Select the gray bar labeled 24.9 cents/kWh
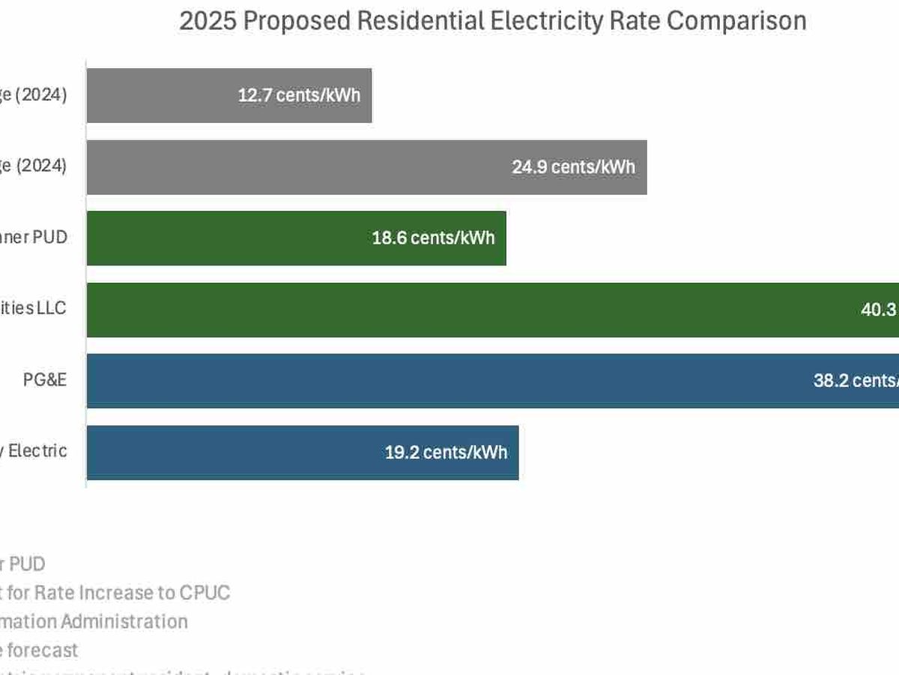300,167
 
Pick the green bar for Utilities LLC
449,310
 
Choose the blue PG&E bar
449,381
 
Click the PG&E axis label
45,379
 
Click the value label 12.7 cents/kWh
299,96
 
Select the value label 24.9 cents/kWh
573,167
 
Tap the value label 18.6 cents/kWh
433,238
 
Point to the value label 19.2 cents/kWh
446,452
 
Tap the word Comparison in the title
736,21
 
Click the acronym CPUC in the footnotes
205,592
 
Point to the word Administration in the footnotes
124,621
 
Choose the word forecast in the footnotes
43,649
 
